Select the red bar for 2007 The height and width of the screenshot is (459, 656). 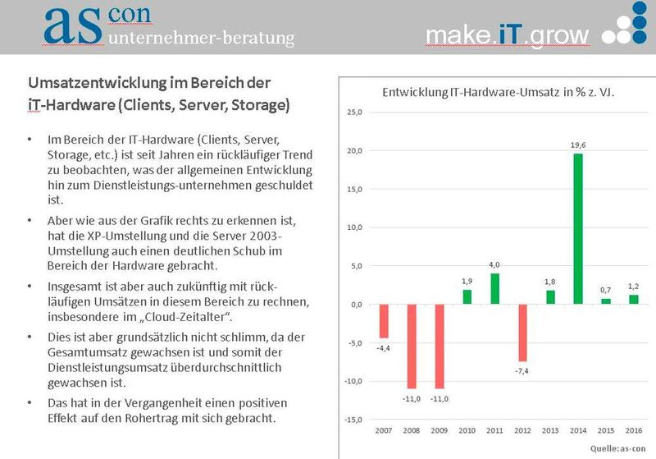[384, 321]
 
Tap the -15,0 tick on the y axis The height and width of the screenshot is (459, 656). [352, 420]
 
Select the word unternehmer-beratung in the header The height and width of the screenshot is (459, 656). [200, 38]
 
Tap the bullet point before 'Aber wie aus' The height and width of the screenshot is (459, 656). [30, 222]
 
